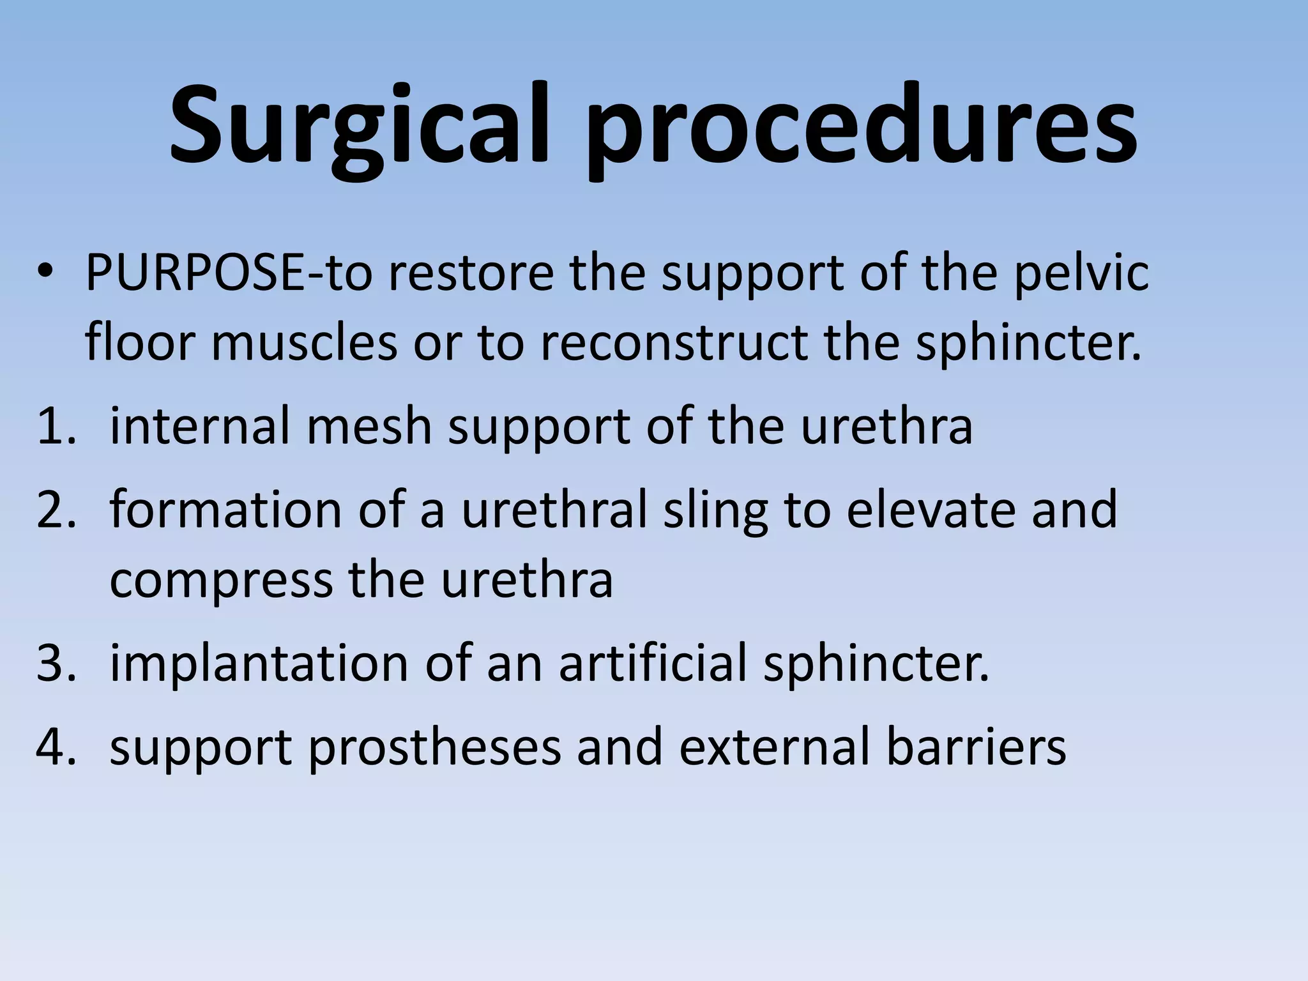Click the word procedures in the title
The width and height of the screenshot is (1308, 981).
(862, 128)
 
